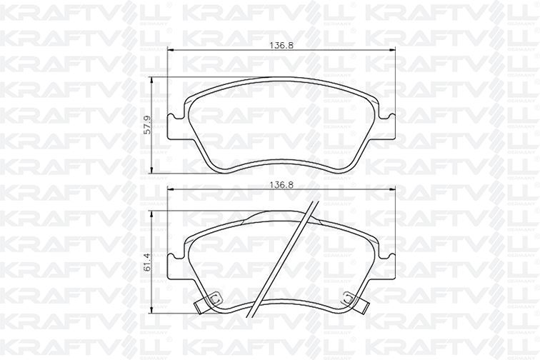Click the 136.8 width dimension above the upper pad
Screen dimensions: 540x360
tap(281, 46)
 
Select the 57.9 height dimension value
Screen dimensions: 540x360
tap(146, 125)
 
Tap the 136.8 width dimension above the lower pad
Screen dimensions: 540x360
tap(281, 185)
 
